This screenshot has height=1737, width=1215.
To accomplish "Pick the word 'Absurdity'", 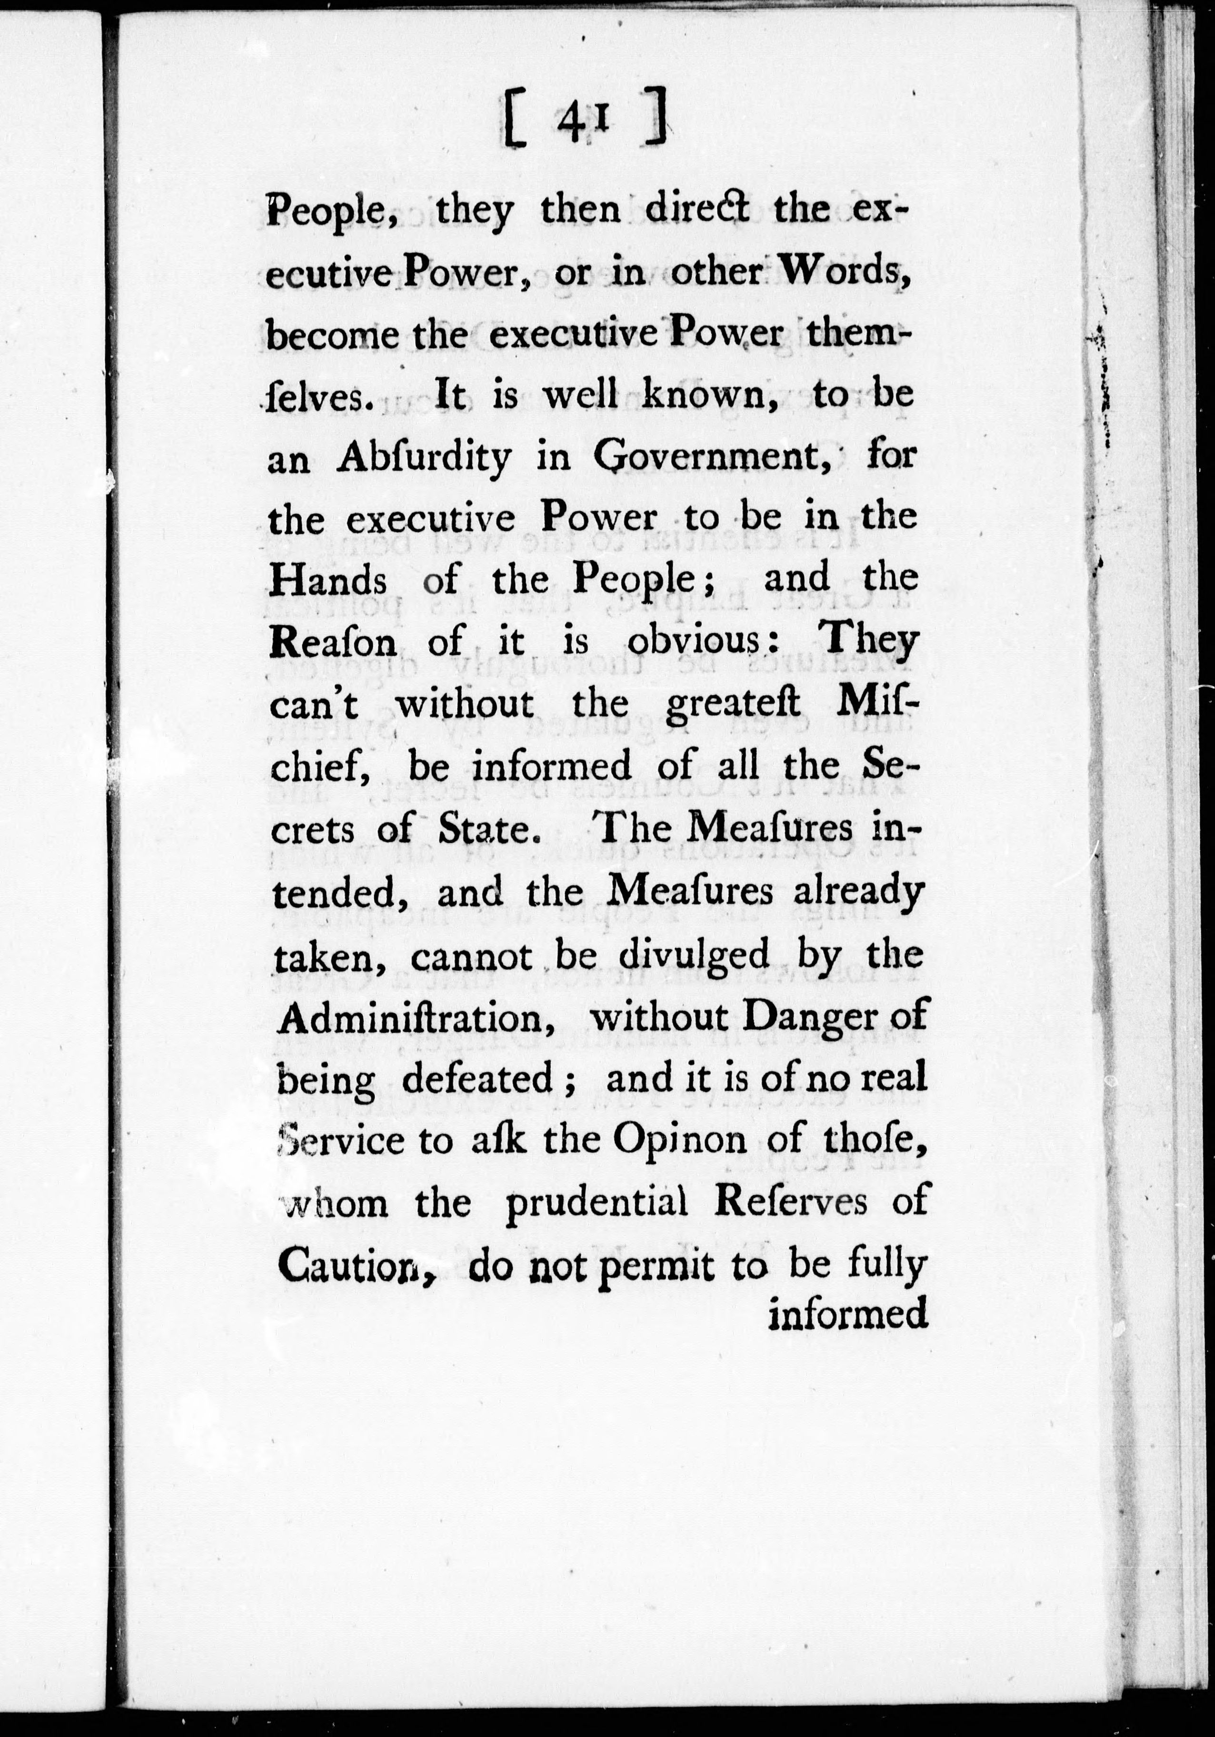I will pyautogui.click(x=424, y=459).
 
